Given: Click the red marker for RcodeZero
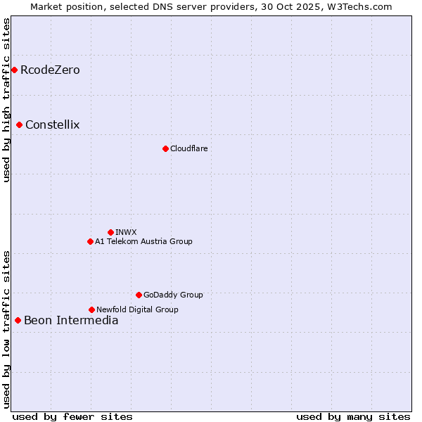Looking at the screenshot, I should coord(14,70).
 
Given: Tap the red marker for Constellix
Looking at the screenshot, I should coord(20,125).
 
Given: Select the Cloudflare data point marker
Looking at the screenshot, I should coord(165,148).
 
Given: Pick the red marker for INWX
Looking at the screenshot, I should coord(110,232).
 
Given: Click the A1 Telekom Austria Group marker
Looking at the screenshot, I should coord(90,241).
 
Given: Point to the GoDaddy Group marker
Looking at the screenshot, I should coord(139,295).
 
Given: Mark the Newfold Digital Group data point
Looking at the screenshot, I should coord(91,309).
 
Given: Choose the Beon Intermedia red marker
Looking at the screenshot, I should coord(18,321).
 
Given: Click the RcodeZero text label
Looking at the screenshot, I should coord(50,70).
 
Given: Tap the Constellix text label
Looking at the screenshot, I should coord(53,125).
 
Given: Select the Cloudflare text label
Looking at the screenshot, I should coord(188,148).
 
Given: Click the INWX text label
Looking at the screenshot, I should coord(126,232).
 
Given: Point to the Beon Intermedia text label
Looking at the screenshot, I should coord(71,321).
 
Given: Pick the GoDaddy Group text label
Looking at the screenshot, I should coord(173,295).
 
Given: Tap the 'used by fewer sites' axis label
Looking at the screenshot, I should coord(72,416).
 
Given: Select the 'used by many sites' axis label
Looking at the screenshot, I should coord(353,416).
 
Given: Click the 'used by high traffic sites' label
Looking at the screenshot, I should coord(7,101).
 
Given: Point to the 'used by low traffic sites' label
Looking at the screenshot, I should coord(7,328).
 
